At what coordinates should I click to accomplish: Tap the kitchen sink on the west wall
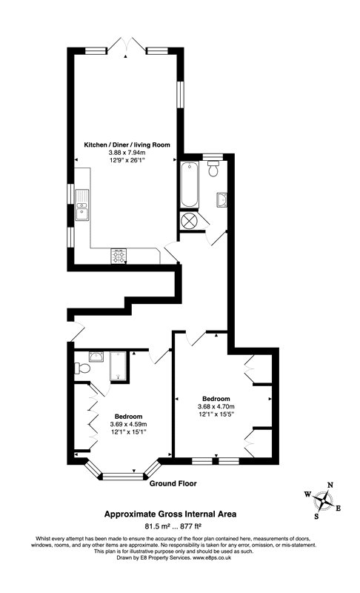pos(82,205)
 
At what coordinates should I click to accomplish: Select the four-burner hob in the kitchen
pos(118,256)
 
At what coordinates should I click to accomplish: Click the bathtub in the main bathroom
pos(188,185)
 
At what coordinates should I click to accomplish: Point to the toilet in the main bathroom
pos(213,170)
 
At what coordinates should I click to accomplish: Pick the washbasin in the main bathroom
pos(221,199)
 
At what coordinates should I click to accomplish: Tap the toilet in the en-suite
pos(82,368)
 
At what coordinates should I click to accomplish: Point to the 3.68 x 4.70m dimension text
pos(216,406)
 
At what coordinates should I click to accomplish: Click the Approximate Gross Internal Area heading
pos(171,512)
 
